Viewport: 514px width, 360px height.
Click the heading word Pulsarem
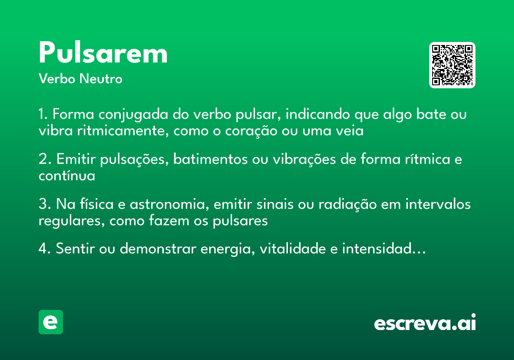pyautogui.click(x=103, y=54)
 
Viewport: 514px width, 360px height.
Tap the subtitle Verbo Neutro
pyautogui.click(x=80, y=79)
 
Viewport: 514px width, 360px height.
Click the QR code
pyautogui.click(x=452, y=65)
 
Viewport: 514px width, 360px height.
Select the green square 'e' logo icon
pyautogui.click(x=51, y=322)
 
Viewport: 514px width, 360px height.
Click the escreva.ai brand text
pyautogui.click(x=425, y=323)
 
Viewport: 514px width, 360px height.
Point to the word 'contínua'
pyautogui.click(x=66, y=175)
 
